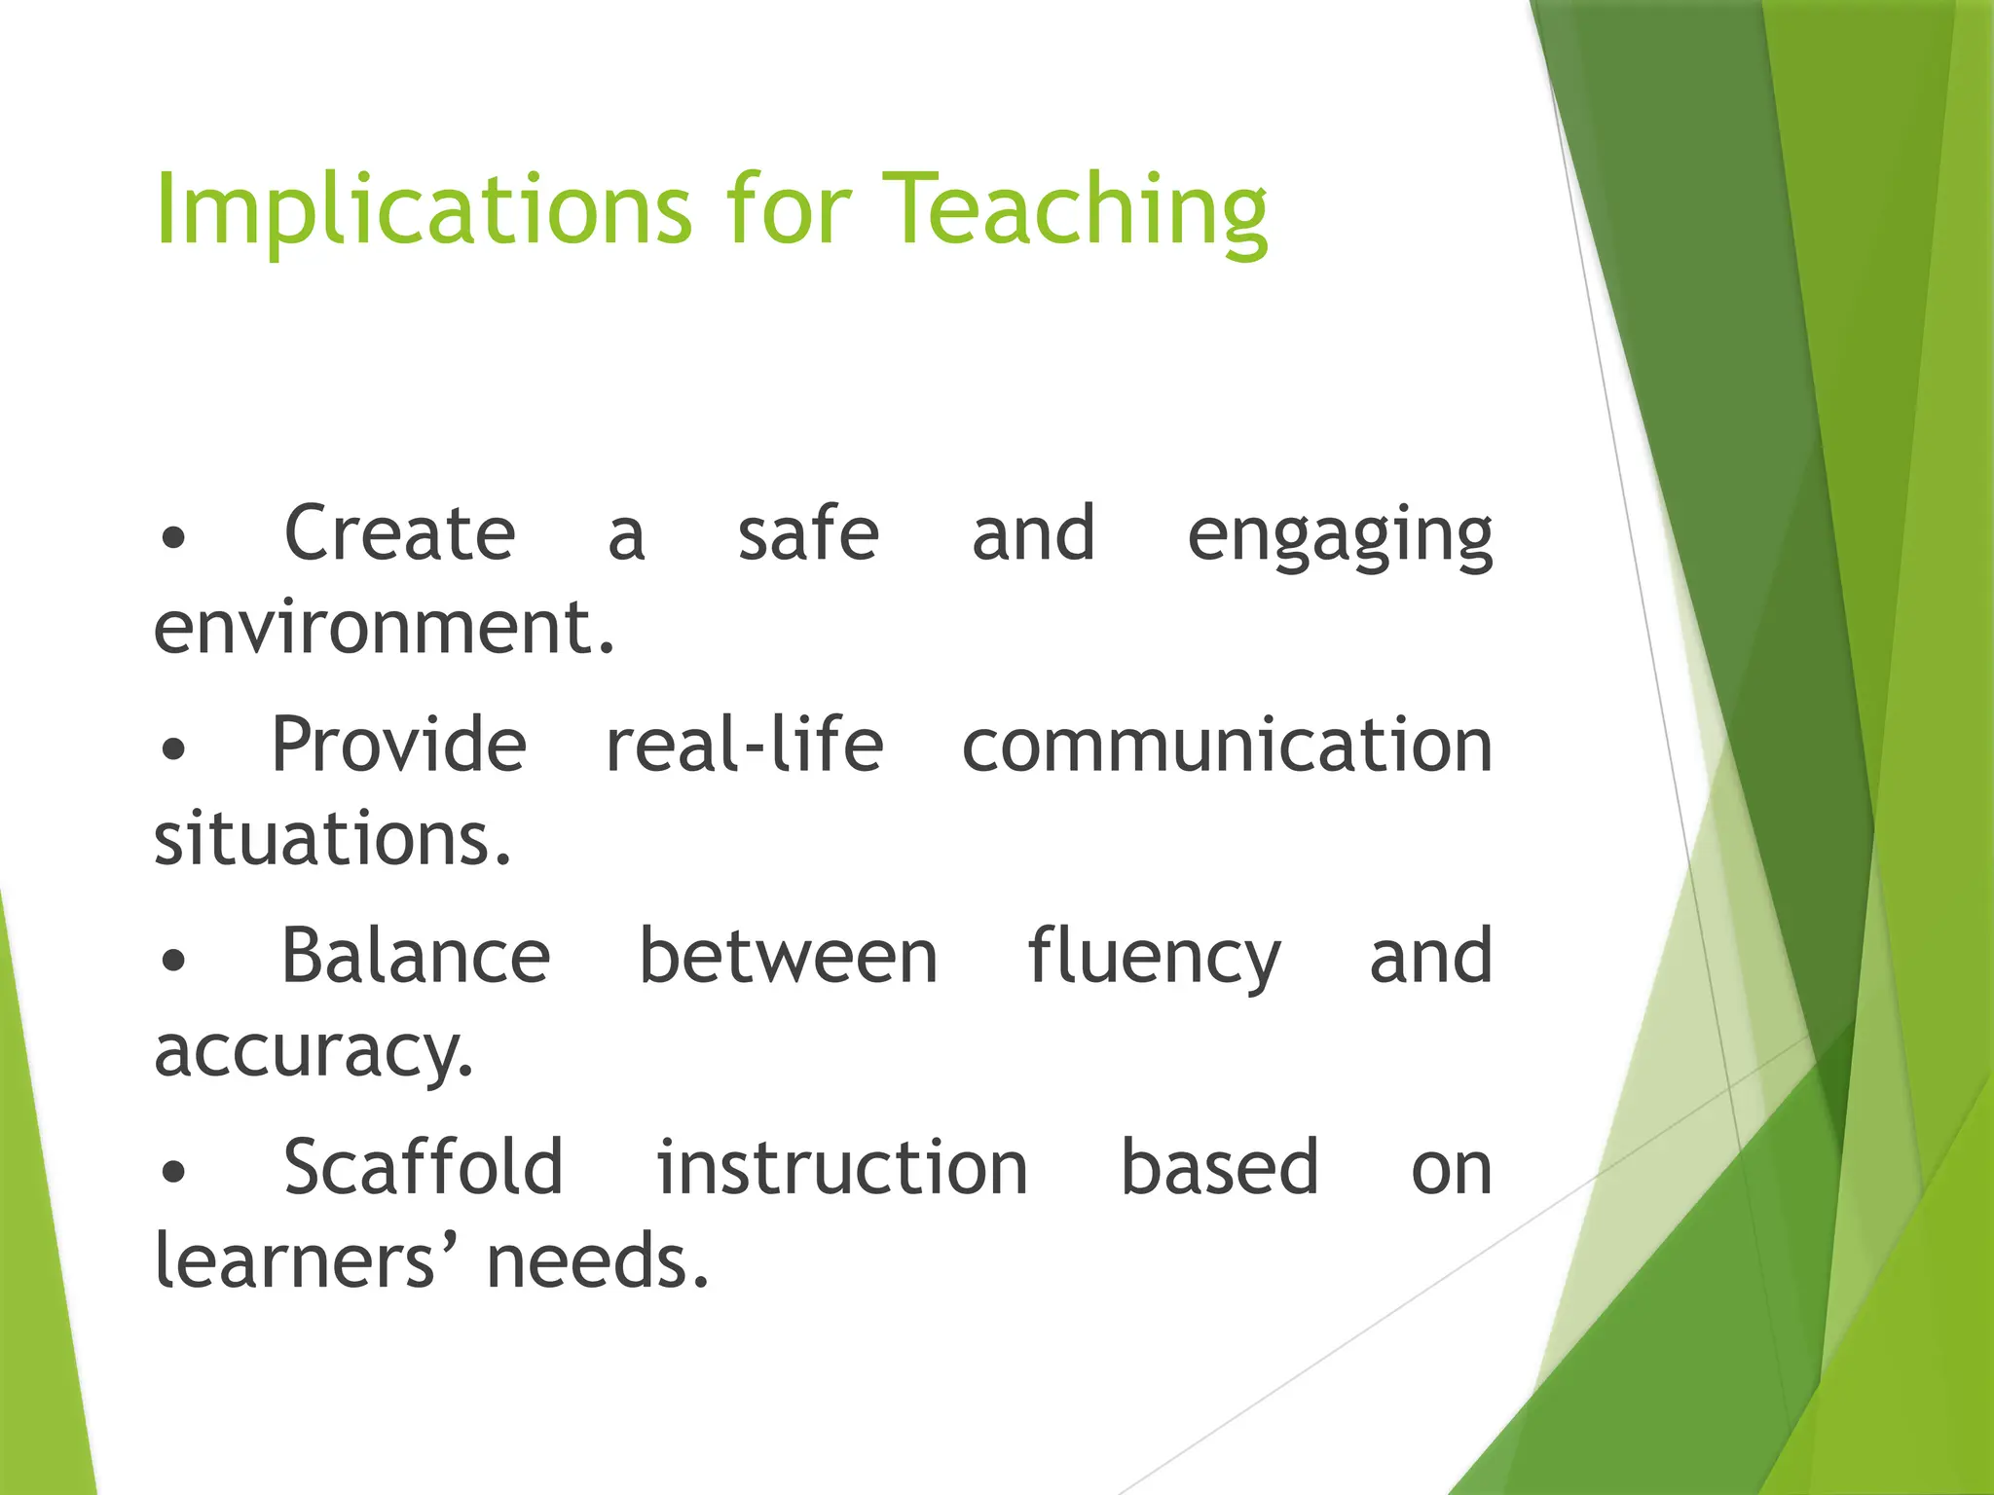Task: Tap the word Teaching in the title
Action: [1080, 210]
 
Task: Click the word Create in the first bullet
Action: [399, 534]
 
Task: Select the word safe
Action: [808, 534]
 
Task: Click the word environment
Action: [384, 628]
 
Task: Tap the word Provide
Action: [399, 746]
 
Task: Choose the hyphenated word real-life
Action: [745, 746]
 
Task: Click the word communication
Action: [1227, 746]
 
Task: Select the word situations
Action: [332, 839]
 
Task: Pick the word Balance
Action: [416, 957]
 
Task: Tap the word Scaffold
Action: [424, 1168]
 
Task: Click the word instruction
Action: [842, 1168]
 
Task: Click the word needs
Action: [597, 1261]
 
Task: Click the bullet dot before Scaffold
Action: [173, 1173]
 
